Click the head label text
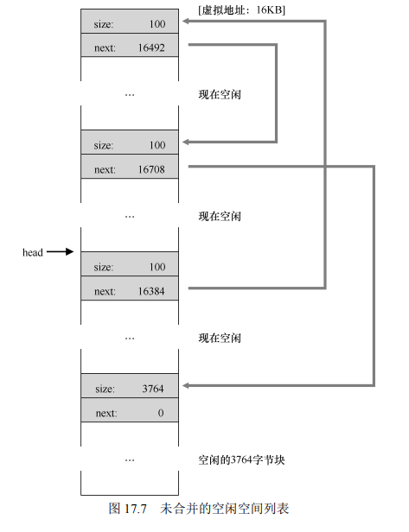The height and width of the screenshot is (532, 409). click(x=33, y=252)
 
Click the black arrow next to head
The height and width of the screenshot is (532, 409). click(x=61, y=252)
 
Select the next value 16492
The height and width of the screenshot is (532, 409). click(x=151, y=47)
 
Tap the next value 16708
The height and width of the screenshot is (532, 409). click(x=151, y=169)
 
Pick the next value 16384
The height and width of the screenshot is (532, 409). click(x=151, y=291)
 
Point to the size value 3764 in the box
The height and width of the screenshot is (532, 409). click(x=153, y=389)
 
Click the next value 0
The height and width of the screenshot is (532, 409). click(x=161, y=413)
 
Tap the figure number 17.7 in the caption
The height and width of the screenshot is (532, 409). click(x=135, y=509)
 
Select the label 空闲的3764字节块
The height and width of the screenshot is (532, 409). click(x=241, y=460)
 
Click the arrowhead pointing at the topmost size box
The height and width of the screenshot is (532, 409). click(x=185, y=21)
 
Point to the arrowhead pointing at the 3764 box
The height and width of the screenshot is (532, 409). click(x=185, y=385)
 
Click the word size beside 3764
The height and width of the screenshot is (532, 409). click(x=105, y=389)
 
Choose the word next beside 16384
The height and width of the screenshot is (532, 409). click(x=105, y=291)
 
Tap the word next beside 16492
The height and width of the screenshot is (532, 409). click(x=105, y=48)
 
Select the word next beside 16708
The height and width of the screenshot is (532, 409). click(x=105, y=169)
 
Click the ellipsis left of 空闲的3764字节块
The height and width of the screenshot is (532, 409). click(x=130, y=461)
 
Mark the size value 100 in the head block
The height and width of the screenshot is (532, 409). click(x=157, y=267)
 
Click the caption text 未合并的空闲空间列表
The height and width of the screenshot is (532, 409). click(x=225, y=509)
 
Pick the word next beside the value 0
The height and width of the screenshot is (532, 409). click(x=106, y=413)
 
